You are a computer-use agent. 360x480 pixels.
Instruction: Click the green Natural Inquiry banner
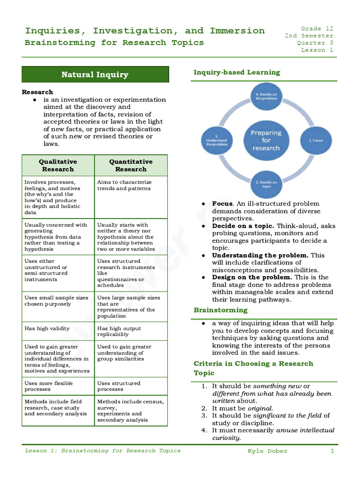(95, 75)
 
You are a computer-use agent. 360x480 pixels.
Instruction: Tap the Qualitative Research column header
(58, 165)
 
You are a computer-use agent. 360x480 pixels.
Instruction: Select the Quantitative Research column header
(131, 165)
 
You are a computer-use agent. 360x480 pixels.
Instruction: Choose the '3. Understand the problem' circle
(216, 141)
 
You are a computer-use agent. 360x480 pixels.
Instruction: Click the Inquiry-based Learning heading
(237, 72)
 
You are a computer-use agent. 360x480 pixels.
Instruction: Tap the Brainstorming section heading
(220, 310)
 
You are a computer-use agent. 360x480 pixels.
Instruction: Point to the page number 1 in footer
(332, 451)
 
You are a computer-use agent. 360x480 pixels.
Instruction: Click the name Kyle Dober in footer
(268, 451)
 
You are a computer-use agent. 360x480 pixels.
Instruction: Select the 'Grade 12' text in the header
(317, 29)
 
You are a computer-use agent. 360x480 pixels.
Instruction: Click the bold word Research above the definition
(37, 92)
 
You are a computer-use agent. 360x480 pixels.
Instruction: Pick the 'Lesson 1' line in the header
(317, 50)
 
